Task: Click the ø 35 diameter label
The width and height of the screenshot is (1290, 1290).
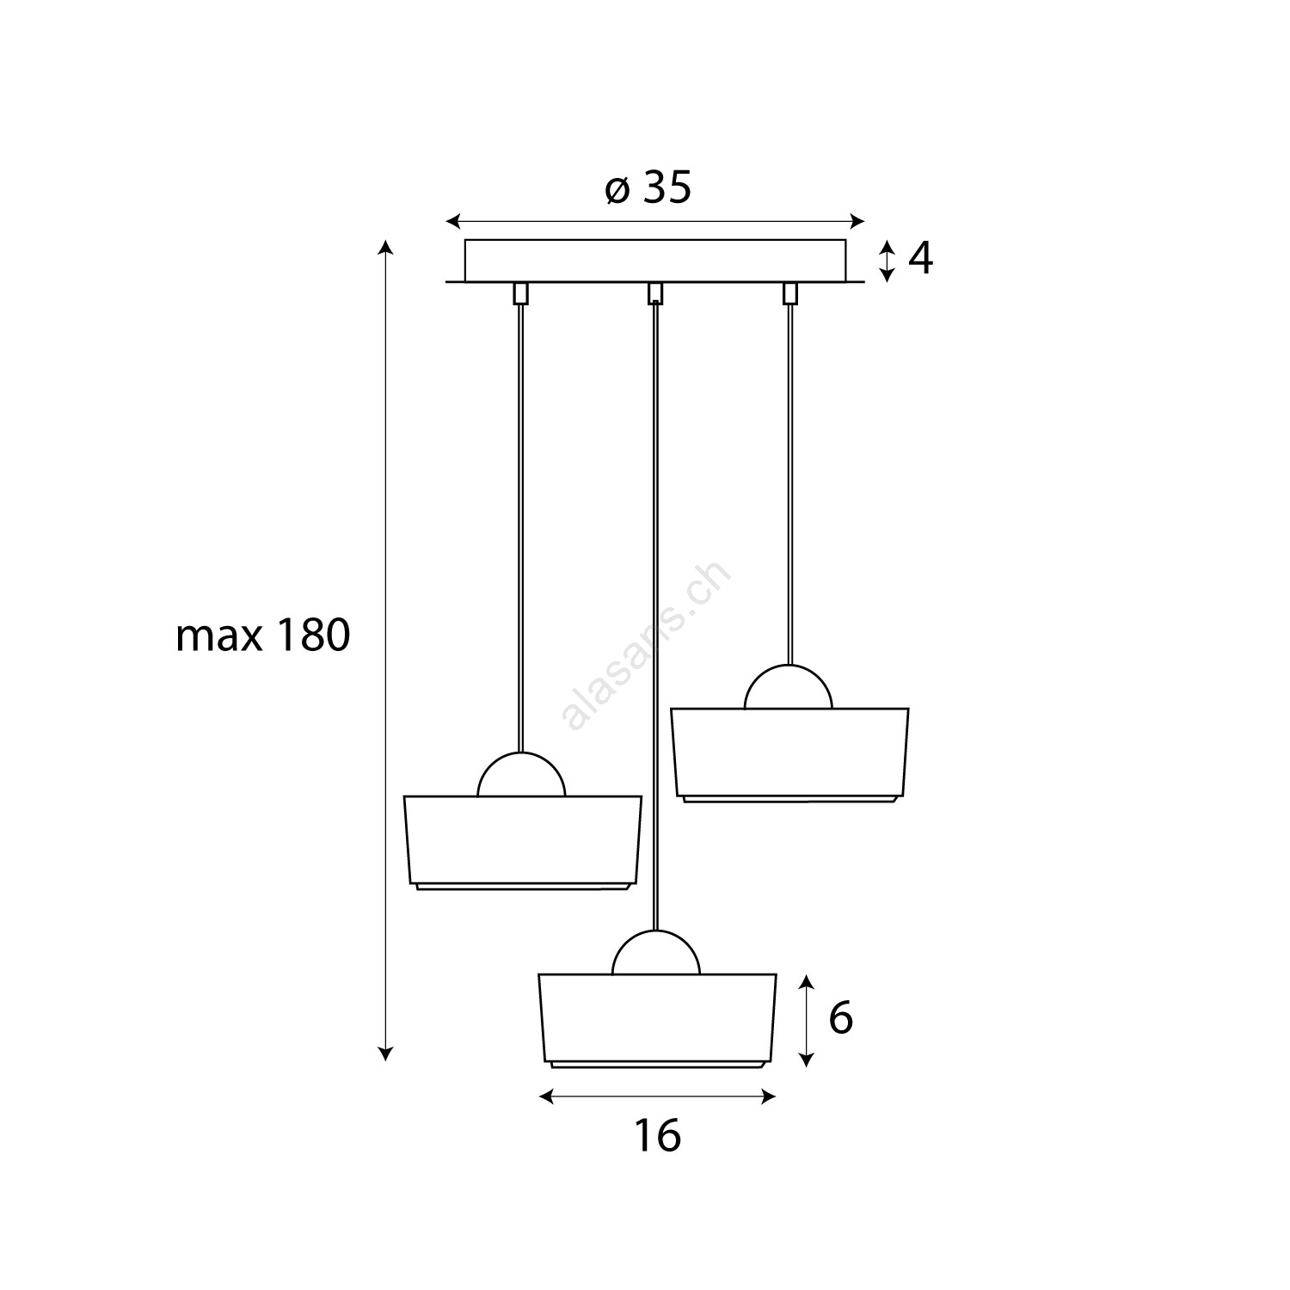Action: [x=648, y=188]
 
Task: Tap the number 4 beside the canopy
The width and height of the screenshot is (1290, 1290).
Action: [x=920, y=258]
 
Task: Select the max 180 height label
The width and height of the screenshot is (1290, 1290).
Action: [x=263, y=636]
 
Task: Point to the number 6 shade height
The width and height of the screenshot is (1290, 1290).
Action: [x=840, y=1019]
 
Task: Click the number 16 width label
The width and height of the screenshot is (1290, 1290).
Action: [x=657, y=1135]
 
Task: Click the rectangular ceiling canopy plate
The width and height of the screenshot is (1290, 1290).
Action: [x=655, y=261]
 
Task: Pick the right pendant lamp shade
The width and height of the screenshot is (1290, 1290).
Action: [x=789, y=755]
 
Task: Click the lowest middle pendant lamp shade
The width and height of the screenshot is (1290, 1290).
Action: [x=657, y=1021]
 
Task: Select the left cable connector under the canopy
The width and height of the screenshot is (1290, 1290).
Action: [x=520, y=292]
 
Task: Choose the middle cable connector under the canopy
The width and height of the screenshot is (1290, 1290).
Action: [x=655, y=292]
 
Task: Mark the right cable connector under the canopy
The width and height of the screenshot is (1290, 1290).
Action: [x=789, y=292]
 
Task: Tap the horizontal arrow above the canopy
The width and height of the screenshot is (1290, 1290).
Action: [x=655, y=221]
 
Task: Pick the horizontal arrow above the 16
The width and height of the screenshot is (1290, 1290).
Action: [x=657, y=1096]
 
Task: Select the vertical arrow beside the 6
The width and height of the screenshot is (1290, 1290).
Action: [x=806, y=1021]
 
